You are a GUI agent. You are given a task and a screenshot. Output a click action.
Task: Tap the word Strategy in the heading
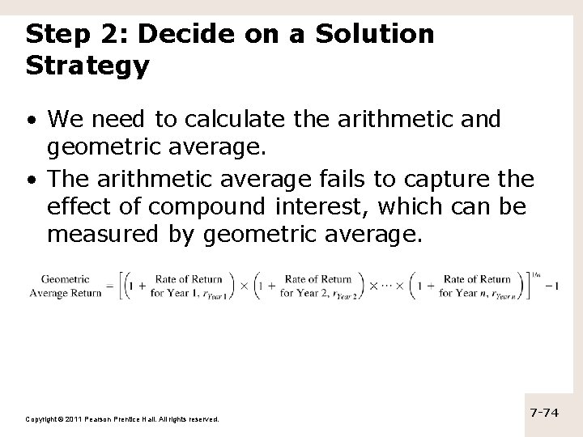(87, 66)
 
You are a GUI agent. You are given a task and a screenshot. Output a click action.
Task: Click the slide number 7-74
(544, 413)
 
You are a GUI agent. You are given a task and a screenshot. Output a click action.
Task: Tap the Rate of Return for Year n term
(475, 286)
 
